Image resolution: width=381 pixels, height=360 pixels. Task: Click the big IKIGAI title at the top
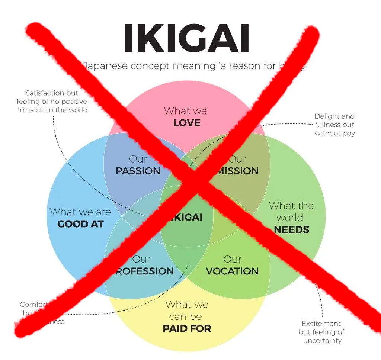click(x=186, y=38)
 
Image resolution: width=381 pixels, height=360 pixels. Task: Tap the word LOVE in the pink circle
click(x=187, y=123)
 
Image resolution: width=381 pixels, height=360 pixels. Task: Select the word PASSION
click(x=138, y=171)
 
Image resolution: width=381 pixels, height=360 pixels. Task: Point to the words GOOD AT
click(x=80, y=224)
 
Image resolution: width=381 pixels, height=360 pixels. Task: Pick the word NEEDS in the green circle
click(x=292, y=229)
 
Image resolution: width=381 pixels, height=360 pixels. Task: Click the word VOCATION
click(x=232, y=271)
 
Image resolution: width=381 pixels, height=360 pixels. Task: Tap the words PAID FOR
click(x=187, y=328)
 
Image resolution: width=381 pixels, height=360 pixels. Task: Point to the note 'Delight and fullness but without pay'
click(x=334, y=125)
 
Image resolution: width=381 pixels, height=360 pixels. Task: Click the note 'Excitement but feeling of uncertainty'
click(x=321, y=332)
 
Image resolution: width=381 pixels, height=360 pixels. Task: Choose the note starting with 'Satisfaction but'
click(x=52, y=101)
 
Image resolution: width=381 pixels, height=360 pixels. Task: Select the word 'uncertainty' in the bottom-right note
click(x=322, y=340)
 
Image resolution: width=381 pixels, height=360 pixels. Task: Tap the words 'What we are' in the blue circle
click(x=80, y=212)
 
